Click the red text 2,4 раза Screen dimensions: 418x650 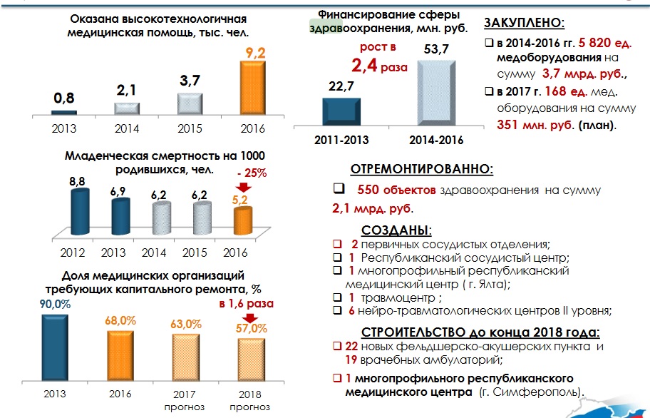378,66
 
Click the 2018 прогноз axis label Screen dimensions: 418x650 251,400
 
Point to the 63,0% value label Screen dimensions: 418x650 185,325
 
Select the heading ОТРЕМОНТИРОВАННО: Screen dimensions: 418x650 421,169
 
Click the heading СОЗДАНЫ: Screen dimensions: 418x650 396,230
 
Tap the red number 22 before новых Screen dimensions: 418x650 350,346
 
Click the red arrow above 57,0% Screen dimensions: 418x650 250,317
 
